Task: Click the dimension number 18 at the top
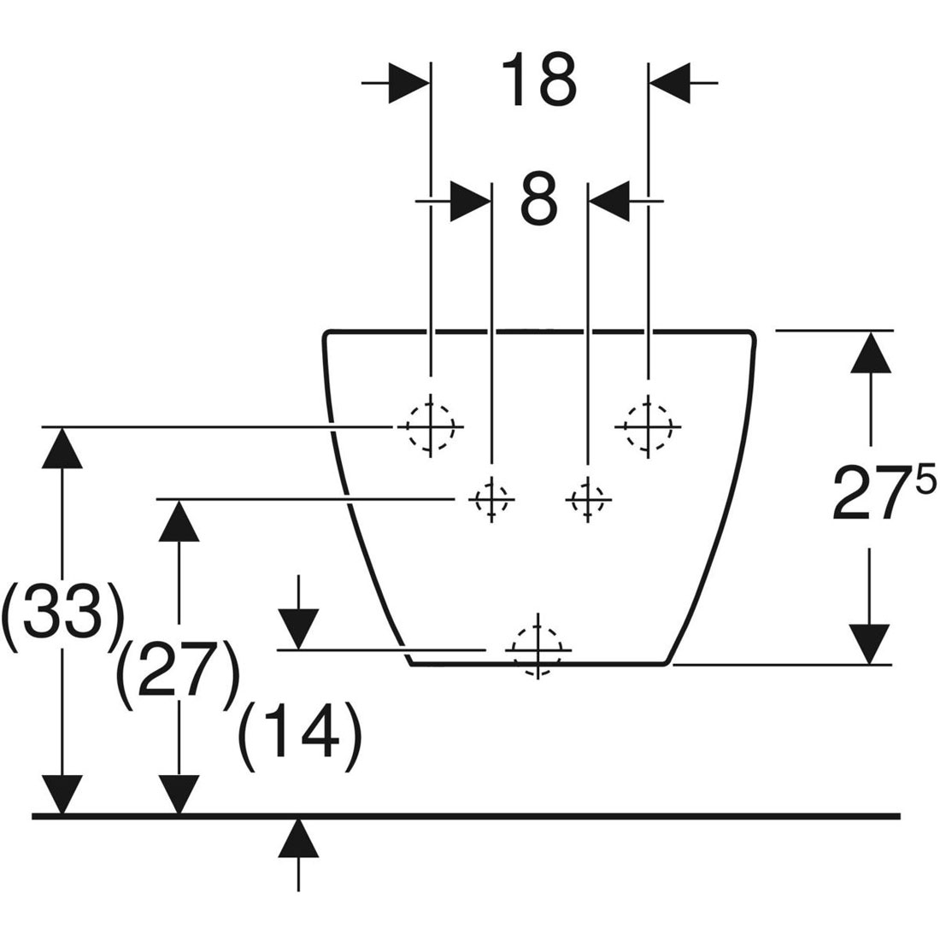click(538, 79)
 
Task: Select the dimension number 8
click(538, 199)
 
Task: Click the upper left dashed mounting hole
click(431, 426)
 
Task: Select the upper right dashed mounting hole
click(649, 425)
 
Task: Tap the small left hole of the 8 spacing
click(491, 498)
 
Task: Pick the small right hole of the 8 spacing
click(587, 498)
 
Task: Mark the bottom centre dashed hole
click(538, 649)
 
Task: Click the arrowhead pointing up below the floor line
click(298, 837)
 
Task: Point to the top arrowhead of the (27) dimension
click(179, 519)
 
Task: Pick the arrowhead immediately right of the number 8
click(608, 201)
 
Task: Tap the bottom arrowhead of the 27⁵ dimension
click(871, 643)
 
